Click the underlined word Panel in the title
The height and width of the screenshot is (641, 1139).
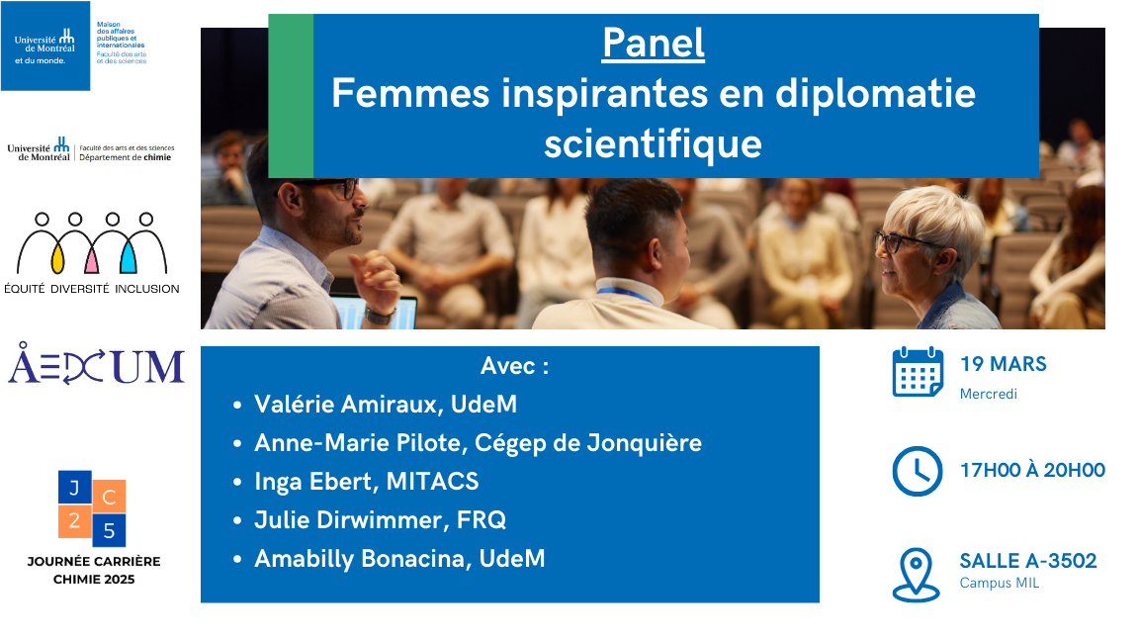click(653, 43)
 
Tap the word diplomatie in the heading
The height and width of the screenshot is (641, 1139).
click(875, 95)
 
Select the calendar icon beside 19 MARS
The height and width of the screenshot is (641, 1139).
click(918, 372)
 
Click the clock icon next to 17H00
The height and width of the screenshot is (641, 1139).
click(918, 472)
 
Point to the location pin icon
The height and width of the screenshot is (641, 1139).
click(916, 575)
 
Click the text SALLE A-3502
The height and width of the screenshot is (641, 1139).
click(1028, 561)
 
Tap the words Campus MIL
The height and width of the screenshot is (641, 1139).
click(999, 583)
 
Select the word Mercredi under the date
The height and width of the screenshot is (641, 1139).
click(988, 394)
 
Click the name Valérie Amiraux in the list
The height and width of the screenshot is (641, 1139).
click(346, 404)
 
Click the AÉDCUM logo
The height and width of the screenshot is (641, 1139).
click(96, 364)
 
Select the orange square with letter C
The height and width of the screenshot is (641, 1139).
click(109, 498)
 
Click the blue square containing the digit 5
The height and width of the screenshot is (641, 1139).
click(109, 530)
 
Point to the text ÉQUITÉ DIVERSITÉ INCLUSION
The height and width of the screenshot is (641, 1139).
click(92, 289)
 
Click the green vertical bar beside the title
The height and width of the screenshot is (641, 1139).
click(291, 96)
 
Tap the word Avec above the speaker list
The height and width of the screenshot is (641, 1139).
click(508, 366)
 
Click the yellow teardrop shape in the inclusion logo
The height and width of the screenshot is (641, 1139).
click(58, 258)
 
